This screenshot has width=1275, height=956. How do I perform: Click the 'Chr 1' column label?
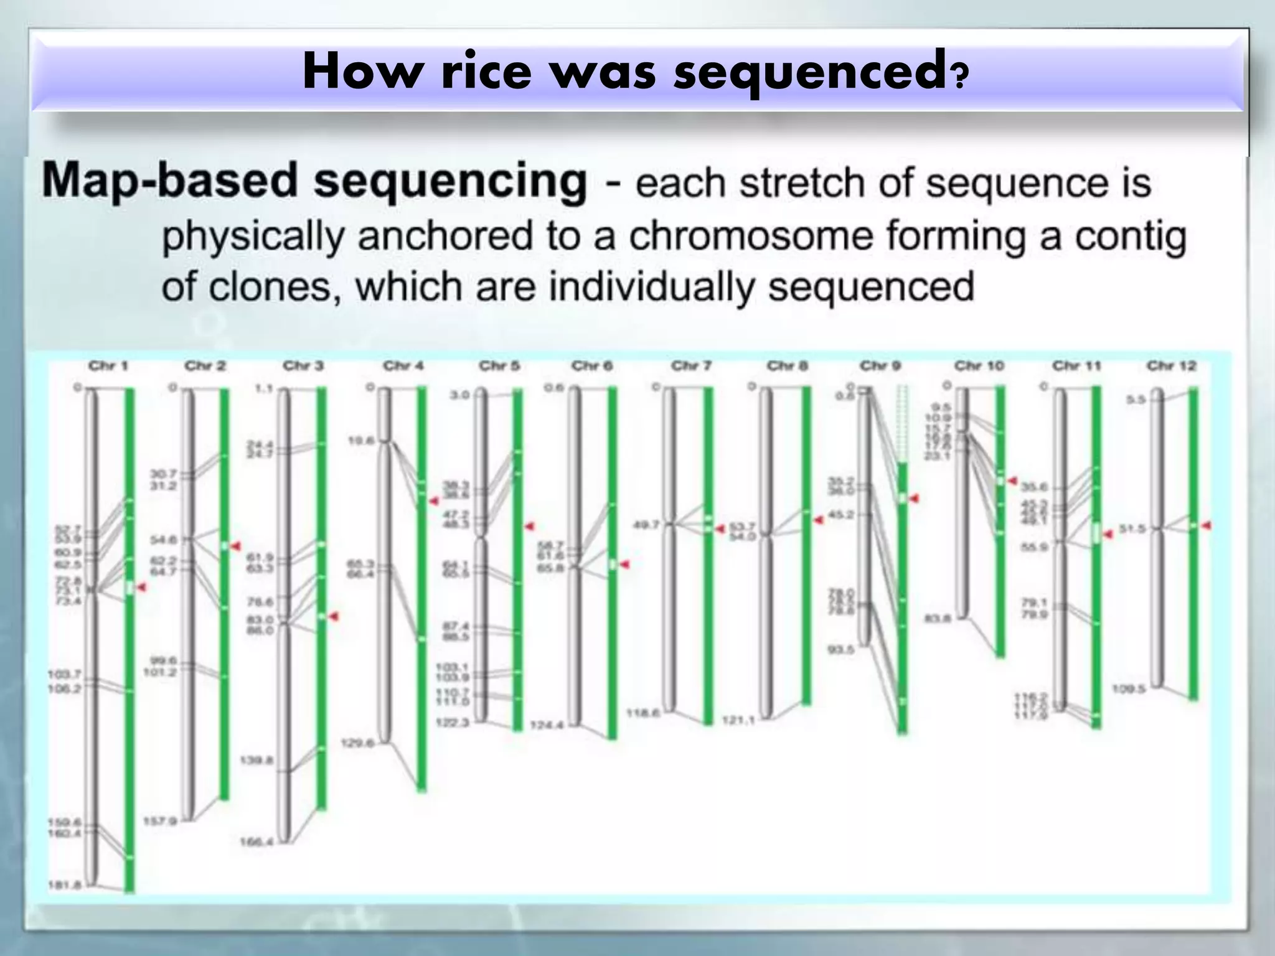[108, 366]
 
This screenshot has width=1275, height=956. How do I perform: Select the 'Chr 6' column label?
[591, 366]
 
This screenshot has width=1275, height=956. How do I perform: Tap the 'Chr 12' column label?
[1171, 366]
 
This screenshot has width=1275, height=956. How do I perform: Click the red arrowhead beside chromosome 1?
[141, 588]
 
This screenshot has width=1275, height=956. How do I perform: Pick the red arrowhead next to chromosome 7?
[720, 528]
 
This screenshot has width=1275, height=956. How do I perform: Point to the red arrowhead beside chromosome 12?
[1206, 526]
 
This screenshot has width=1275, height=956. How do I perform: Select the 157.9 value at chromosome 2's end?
[160, 822]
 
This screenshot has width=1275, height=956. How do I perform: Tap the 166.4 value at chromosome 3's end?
[256, 842]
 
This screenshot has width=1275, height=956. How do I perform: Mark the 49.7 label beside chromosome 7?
[646, 525]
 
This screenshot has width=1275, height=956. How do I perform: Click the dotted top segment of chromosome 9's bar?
[902, 423]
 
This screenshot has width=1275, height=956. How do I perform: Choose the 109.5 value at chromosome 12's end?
[1129, 689]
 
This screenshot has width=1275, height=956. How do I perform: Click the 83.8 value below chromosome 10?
[938, 619]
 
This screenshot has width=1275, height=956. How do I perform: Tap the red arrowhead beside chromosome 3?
[334, 616]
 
